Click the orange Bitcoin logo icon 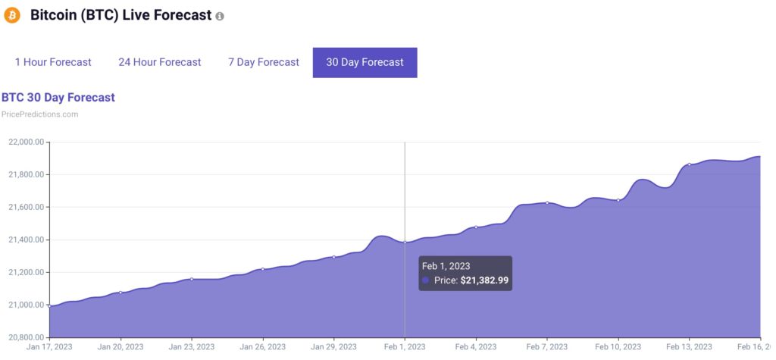pyautogui.click(x=12, y=15)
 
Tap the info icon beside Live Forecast pyautogui.click(x=220, y=16)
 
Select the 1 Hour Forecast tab pyautogui.click(x=53, y=62)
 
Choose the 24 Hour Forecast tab pyautogui.click(x=160, y=62)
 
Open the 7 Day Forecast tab pyautogui.click(x=264, y=62)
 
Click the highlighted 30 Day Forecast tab pyautogui.click(x=365, y=62)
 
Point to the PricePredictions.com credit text pyautogui.click(x=40, y=114)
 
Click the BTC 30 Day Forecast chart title pyautogui.click(x=58, y=98)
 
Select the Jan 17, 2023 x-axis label pyautogui.click(x=49, y=347)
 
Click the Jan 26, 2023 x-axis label pyautogui.click(x=262, y=347)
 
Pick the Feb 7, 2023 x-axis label pyautogui.click(x=546, y=347)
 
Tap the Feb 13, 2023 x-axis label pyautogui.click(x=689, y=347)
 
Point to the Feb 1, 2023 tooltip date pyautogui.click(x=446, y=266)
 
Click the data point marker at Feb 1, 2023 pyautogui.click(x=405, y=243)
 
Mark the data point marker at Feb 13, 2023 pyautogui.click(x=689, y=164)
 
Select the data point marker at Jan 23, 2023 pyautogui.click(x=191, y=279)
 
